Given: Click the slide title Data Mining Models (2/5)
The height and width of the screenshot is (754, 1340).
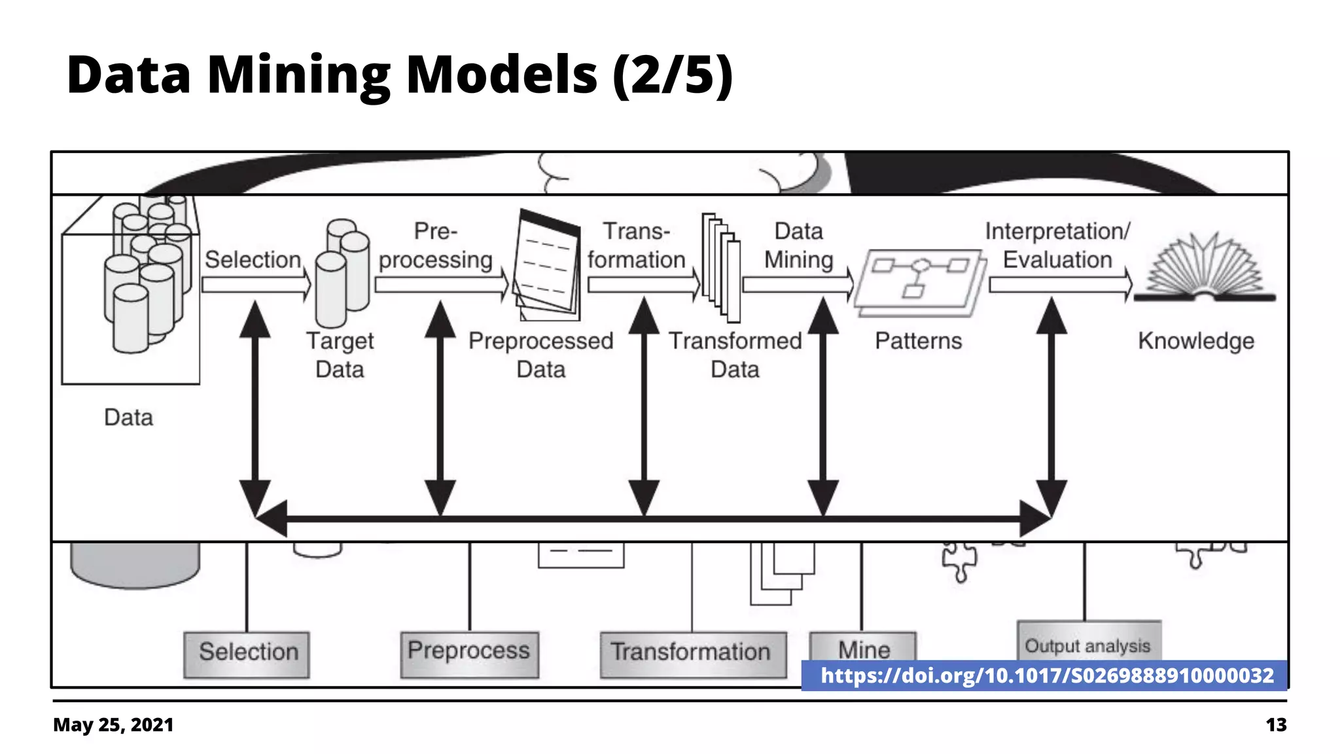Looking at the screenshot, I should click(399, 75).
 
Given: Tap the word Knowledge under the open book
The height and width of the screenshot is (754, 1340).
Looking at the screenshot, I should click(1195, 341).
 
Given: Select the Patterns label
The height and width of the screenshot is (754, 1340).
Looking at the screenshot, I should click(918, 341).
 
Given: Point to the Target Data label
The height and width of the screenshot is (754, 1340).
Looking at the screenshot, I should click(340, 355).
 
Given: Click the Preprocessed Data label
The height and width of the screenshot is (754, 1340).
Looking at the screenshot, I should click(540, 355).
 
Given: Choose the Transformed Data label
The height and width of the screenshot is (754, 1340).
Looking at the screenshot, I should click(735, 355).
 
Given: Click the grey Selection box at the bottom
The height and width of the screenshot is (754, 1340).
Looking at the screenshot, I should click(247, 653).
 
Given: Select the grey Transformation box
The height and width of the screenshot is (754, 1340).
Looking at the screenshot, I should click(692, 653).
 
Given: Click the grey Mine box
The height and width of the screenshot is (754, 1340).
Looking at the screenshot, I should click(863, 647).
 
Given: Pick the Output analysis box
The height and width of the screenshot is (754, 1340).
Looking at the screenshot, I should click(1088, 642).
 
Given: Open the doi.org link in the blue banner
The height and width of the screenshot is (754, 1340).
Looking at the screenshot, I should click(1047, 675).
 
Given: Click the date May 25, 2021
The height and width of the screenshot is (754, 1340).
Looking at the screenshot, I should click(113, 725).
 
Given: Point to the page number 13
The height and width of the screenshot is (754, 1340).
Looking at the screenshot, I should click(1275, 725).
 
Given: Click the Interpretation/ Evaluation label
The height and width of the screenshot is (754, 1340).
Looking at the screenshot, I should click(1057, 245).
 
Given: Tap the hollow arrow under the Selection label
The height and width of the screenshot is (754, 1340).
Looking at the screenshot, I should click(256, 285).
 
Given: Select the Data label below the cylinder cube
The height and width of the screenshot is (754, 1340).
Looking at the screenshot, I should click(128, 418).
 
